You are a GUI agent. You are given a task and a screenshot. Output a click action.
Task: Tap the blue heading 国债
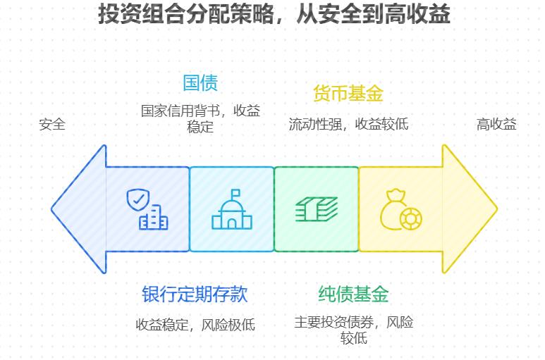(x=200, y=82)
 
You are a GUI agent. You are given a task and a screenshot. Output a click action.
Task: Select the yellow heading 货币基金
(x=348, y=93)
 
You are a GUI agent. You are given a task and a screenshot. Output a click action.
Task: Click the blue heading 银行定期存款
(x=195, y=294)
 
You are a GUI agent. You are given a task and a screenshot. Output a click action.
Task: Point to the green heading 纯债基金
(x=353, y=294)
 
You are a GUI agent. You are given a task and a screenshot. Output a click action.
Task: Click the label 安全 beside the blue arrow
(x=52, y=125)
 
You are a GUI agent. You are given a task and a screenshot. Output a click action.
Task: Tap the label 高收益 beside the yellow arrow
(x=496, y=125)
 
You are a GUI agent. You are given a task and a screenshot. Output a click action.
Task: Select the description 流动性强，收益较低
(x=348, y=124)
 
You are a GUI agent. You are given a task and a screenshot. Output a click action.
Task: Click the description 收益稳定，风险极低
(x=195, y=325)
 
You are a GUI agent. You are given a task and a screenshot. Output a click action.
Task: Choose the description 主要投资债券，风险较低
(x=353, y=330)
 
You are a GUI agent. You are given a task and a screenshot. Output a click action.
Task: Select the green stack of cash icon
(x=317, y=209)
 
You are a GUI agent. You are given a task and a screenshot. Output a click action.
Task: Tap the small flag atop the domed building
(x=235, y=192)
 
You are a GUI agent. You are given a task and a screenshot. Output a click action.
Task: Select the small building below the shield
(x=154, y=220)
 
